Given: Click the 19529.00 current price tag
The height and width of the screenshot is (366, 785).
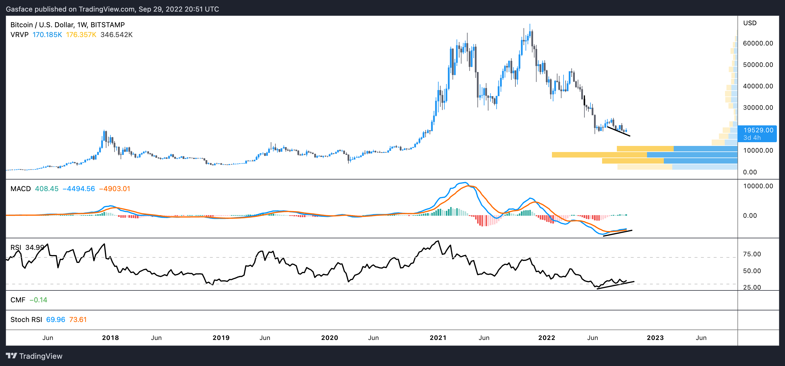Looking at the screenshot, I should click(x=758, y=130).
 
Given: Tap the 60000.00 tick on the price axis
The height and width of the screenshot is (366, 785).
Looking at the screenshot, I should click(x=758, y=43).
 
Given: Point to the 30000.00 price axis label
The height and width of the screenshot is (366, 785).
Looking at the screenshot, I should click(x=758, y=107).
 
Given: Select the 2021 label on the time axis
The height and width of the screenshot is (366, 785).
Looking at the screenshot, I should click(x=438, y=338).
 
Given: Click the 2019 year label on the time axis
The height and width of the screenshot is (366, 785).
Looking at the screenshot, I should click(x=221, y=338).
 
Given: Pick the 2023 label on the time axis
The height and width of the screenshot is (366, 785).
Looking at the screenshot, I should click(x=655, y=338).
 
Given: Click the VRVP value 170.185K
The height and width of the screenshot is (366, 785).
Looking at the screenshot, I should click(x=47, y=35).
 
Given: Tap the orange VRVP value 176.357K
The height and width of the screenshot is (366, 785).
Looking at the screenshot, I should click(x=81, y=35).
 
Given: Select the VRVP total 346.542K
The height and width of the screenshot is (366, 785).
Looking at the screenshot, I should click(x=117, y=35).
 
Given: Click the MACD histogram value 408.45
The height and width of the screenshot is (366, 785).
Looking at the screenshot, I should click(x=47, y=189).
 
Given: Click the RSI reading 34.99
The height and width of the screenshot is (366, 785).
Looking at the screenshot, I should click(x=35, y=247).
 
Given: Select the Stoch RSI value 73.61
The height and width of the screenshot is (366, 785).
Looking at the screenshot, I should click(x=78, y=320).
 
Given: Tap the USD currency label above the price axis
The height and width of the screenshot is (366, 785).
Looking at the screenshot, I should click(x=750, y=23).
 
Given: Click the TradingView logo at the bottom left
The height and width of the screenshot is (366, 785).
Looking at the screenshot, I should click(x=34, y=356).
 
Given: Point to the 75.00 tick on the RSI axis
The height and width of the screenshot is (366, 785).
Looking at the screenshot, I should click(x=752, y=254).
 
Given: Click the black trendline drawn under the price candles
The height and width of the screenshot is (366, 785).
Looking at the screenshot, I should click(x=619, y=131).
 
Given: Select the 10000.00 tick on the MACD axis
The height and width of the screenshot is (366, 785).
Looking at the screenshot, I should click(x=758, y=186).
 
